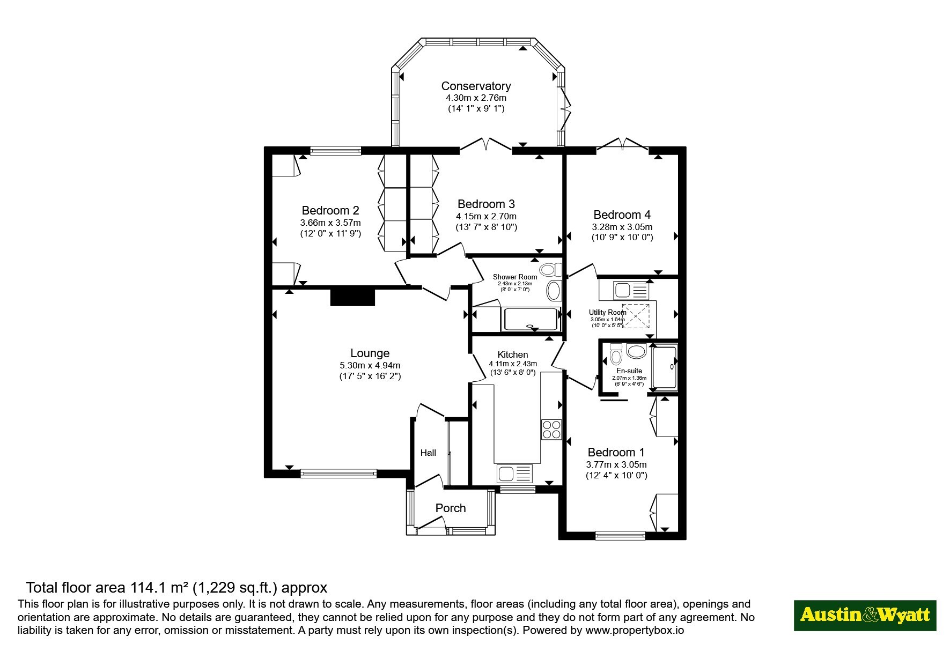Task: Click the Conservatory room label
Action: point(476,86)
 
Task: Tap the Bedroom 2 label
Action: point(330,210)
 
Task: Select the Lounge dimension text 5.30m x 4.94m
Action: point(370,365)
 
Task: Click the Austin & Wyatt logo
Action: point(865,615)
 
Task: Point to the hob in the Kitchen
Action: point(551,429)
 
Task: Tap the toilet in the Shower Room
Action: point(550,270)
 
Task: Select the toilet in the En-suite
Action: point(616,354)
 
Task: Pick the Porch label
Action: point(451,508)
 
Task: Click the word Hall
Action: point(428,453)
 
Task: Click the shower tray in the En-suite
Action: point(664,367)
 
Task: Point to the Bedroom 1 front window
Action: point(620,535)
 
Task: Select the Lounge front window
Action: point(338,473)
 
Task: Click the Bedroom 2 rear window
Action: point(335,151)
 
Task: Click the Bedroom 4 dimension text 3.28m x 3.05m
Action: point(622,227)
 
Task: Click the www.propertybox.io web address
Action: point(635,631)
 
